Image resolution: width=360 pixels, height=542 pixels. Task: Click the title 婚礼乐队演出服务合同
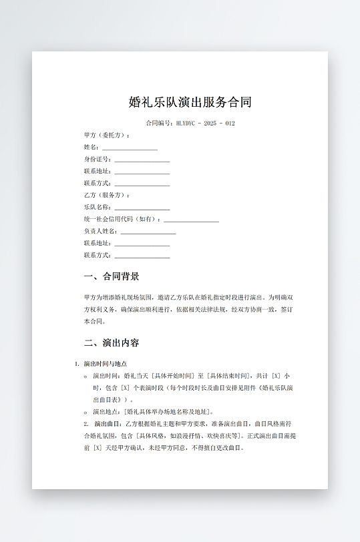(x=190, y=102)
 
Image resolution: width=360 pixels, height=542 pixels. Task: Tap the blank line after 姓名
(x=129, y=148)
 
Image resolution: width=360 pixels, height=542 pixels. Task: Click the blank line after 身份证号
(x=142, y=160)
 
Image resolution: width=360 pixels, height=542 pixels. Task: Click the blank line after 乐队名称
(x=142, y=208)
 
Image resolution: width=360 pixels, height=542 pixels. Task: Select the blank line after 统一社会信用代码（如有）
(x=191, y=220)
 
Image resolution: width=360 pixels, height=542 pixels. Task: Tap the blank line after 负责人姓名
(x=148, y=232)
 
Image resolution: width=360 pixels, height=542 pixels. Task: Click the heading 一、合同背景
(x=112, y=276)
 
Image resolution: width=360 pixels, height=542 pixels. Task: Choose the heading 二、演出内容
(x=112, y=343)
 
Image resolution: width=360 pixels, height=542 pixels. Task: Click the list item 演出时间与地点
(x=106, y=364)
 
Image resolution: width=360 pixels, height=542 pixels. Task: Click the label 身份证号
(x=98, y=160)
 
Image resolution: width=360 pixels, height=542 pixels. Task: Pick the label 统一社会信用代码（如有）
(x=122, y=220)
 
